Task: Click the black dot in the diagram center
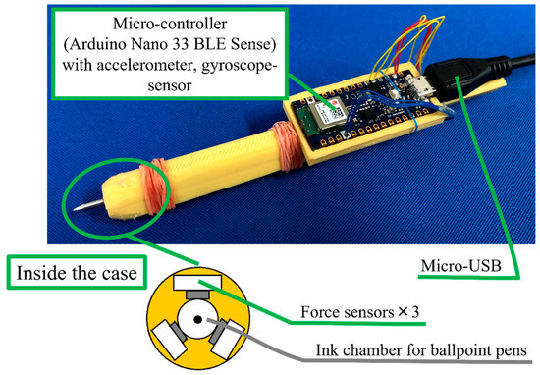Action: pyautogui.click(x=199, y=320)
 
